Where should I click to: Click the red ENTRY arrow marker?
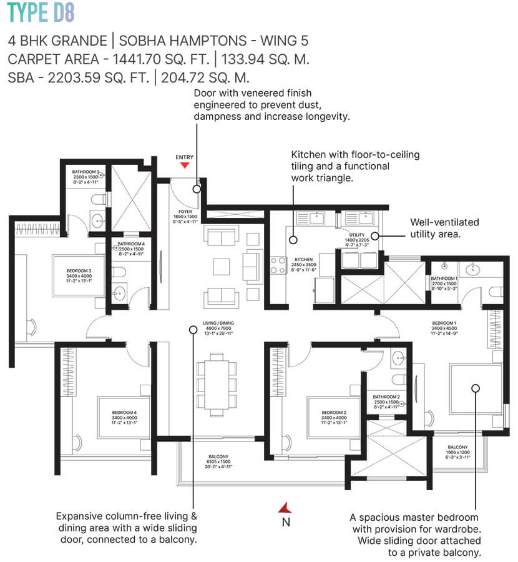pyautogui.click(x=184, y=165)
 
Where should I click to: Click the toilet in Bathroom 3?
pyautogui.click(x=97, y=200)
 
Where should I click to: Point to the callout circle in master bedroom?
pyautogui.click(x=475, y=388)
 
